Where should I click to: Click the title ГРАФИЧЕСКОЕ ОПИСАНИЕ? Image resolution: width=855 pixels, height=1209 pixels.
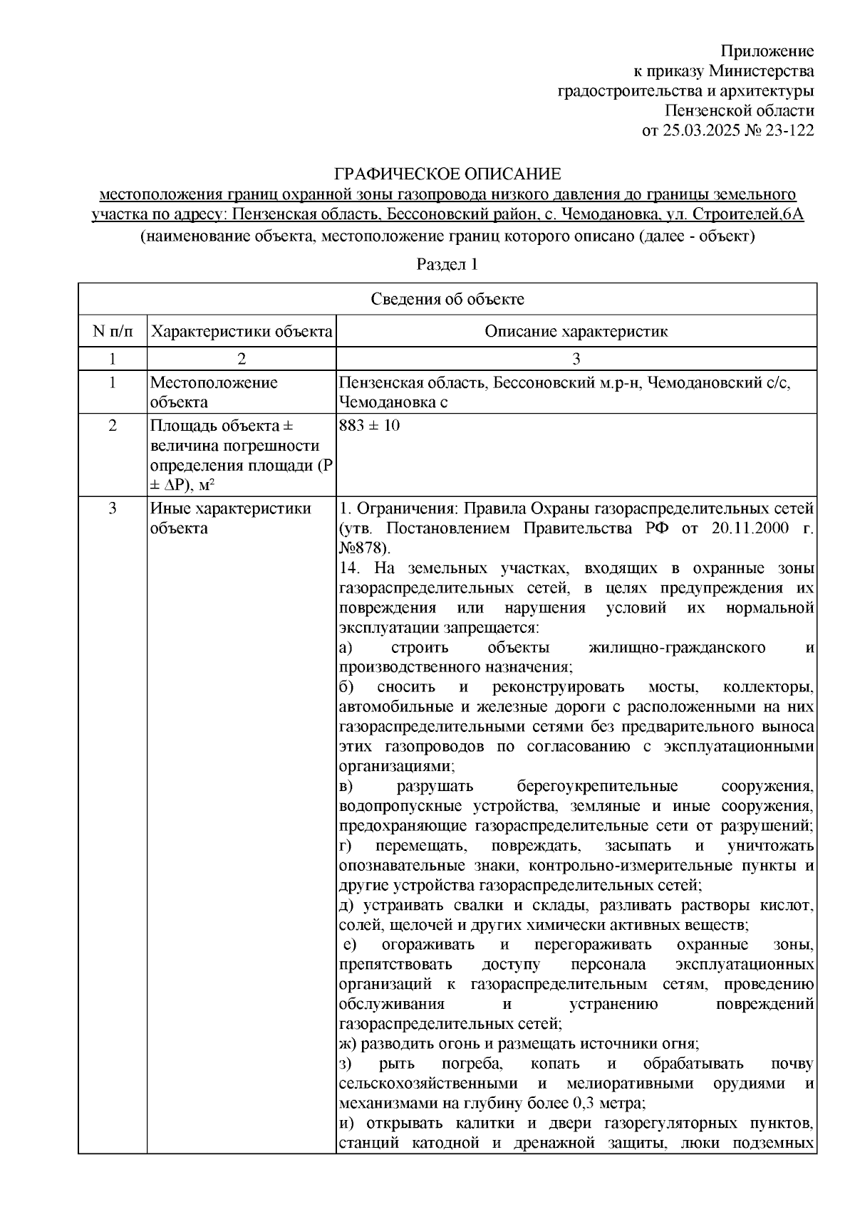[x=447, y=174]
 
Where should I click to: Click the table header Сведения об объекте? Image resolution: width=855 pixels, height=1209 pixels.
[x=447, y=299]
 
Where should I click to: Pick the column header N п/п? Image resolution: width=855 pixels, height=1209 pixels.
[x=112, y=332]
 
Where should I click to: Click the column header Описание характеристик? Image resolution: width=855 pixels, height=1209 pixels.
[x=576, y=332]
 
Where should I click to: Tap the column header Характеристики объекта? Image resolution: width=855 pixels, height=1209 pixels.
[x=242, y=332]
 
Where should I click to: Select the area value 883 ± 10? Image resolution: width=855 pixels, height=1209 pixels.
[x=370, y=426]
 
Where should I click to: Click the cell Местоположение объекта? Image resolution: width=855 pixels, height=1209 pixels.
[x=214, y=392]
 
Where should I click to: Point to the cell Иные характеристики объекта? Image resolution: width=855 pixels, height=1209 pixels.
[x=230, y=518]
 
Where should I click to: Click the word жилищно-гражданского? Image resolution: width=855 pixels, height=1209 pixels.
[x=678, y=648]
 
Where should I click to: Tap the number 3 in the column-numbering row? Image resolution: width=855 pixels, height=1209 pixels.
[x=576, y=359]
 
